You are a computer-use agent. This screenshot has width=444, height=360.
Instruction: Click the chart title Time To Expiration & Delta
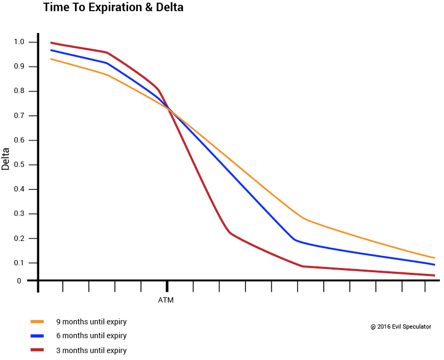[x=113, y=8]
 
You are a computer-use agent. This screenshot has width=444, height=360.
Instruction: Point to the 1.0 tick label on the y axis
[x=20, y=42]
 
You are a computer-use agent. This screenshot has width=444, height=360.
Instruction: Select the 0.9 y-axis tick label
[x=20, y=66]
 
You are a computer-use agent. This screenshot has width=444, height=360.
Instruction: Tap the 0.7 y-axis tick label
[x=20, y=116]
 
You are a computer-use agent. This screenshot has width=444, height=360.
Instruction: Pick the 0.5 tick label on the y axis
[x=20, y=165]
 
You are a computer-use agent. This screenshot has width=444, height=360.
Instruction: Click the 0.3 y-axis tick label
[x=20, y=214]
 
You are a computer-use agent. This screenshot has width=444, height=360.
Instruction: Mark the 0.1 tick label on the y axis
[x=20, y=263]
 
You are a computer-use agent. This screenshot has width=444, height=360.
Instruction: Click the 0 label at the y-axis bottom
[x=19, y=281]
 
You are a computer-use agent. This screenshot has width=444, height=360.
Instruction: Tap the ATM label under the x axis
[x=166, y=300]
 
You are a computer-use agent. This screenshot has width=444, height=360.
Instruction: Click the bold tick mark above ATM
[x=167, y=286]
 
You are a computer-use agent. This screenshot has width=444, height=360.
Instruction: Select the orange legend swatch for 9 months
[x=37, y=322]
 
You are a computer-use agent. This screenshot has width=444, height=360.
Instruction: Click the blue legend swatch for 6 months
[x=37, y=336]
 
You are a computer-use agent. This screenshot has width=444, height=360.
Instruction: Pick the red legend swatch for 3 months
[x=37, y=350]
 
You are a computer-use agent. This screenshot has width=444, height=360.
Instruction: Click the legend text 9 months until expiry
[x=91, y=322]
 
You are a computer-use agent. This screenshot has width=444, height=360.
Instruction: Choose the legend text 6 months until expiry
[x=91, y=336]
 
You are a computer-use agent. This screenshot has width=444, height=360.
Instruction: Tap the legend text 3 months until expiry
[x=91, y=350]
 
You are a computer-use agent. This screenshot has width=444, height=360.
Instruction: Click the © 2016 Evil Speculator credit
[x=401, y=326]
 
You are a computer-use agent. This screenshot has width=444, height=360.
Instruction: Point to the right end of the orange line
[x=434, y=258]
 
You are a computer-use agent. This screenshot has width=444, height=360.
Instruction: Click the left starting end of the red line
[x=51, y=43]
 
